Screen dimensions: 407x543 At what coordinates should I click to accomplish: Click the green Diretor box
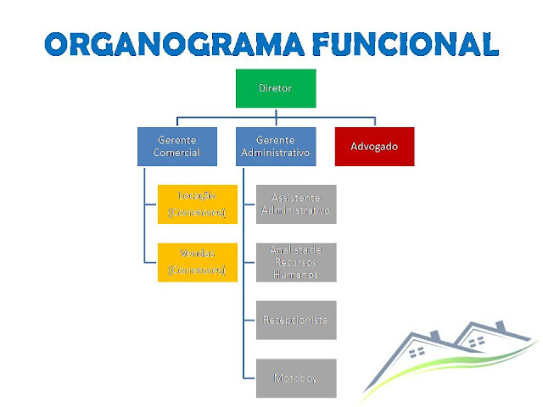coord(276,88)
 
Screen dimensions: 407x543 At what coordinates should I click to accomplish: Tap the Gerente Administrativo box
coord(276,146)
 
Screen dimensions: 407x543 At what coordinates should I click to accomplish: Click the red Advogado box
coord(374,146)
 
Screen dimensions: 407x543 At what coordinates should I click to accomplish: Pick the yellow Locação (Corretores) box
coord(198,203)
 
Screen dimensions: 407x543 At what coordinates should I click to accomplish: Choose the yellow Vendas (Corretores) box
coord(198,262)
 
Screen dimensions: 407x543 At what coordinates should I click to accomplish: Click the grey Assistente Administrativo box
coord(296,203)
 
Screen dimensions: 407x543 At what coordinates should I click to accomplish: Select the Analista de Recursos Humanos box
coord(296,262)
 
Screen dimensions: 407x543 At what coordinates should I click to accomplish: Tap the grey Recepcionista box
coord(296,320)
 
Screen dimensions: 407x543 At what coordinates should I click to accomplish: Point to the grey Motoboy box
coord(296,378)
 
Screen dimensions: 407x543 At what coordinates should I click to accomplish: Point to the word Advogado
coord(374,146)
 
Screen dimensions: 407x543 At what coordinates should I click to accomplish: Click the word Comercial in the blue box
coord(177,153)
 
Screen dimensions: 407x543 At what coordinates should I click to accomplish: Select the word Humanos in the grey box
coord(296,276)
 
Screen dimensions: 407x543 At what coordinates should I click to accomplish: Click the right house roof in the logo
coord(488,326)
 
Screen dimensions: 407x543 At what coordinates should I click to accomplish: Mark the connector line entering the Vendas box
coord(151,262)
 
